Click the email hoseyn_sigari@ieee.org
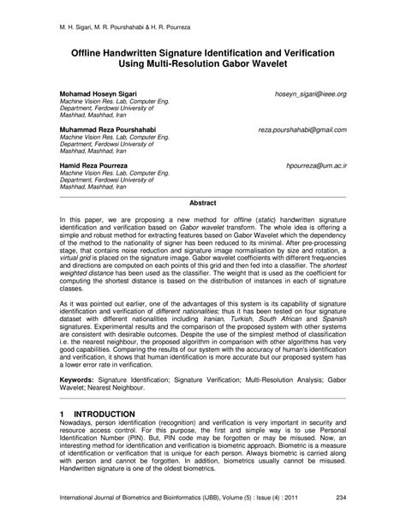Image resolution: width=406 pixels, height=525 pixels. click(311, 92)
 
